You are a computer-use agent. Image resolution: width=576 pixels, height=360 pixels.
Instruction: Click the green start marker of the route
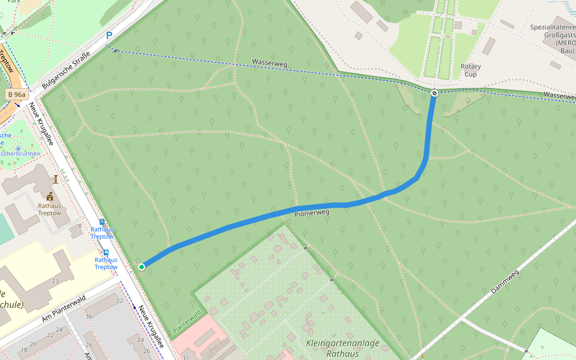tap(142, 267)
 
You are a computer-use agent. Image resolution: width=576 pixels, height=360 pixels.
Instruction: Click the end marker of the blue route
tap(434, 92)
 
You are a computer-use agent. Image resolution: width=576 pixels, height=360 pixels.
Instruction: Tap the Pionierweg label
tap(312, 212)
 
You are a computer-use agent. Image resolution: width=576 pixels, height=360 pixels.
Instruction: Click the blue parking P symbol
tap(109, 36)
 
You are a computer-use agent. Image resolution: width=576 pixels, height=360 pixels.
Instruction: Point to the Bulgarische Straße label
tap(66, 72)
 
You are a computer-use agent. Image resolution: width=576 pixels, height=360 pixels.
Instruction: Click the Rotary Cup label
tap(471, 70)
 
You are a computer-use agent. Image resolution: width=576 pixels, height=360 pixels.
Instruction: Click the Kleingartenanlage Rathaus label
tap(343, 349)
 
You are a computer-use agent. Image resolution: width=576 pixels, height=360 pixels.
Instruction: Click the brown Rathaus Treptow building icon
tap(49, 196)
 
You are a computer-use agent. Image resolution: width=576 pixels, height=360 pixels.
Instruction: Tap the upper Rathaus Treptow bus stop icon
tap(101, 222)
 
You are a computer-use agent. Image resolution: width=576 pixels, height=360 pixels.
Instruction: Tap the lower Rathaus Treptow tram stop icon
tap(106, 253)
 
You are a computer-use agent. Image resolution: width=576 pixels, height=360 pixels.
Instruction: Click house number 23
tap(55, 281)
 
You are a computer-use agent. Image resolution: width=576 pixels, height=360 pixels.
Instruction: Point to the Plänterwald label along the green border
tap(186, 322)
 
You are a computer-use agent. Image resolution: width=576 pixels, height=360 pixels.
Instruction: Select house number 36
tap(89, 316)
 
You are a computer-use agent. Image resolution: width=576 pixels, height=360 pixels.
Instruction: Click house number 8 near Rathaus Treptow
tap(80, 226)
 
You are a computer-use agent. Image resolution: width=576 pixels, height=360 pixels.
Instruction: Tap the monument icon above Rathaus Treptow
tap(56, 179)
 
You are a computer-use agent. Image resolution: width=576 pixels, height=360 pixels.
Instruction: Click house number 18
tap(24, 349)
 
